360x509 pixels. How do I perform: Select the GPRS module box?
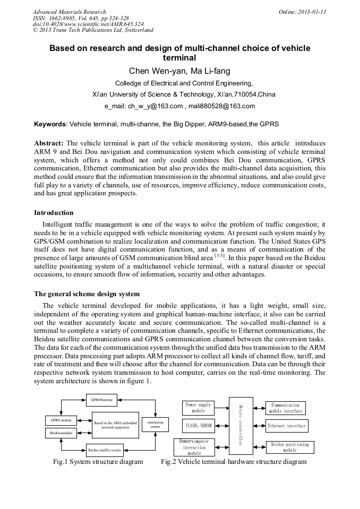[x=61, y=420]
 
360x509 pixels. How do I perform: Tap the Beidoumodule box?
[x=61, y=433]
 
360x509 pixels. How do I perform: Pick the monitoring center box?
[x=155, y=424]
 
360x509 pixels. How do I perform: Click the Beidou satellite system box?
[x=105, y=450]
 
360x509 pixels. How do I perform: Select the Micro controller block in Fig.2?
[x=241, y=426]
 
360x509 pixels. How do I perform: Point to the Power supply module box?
[x=198, y=408]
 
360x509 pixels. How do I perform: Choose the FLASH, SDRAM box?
[x=198, y=426]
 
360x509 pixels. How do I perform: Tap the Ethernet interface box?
[x=287, y=426]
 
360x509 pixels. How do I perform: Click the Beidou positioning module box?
[x=289, y=447]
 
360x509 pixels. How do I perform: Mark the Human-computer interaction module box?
[x=194, y=447]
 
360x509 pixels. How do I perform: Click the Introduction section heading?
[x=54, y=213]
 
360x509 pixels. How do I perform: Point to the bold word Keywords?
[x=50, y=124]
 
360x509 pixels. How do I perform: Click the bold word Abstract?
[x=49, y=143]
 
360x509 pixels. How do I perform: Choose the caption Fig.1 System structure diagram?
[x=98, y=462]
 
